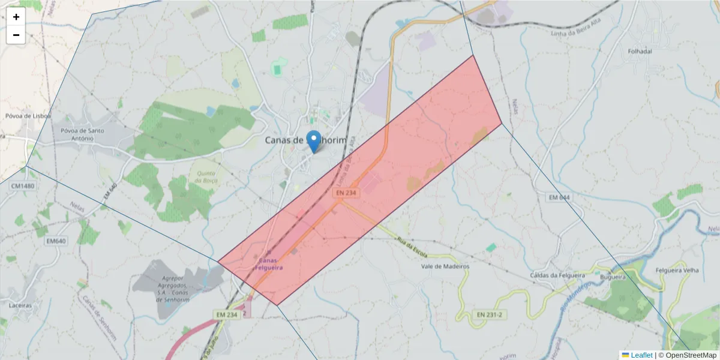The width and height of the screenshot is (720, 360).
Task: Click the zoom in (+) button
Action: point(16,17)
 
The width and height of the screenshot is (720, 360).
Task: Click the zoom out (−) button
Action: point(16,35)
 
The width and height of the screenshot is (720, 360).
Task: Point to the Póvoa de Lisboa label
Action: point(28,116)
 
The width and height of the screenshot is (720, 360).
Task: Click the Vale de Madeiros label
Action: point(445,266)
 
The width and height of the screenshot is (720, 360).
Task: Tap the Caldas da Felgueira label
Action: point(557,275)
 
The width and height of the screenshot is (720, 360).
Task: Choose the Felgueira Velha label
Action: point(677,271)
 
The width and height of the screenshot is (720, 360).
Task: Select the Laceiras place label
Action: point(20,305)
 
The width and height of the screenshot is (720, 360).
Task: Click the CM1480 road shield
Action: point(23,187)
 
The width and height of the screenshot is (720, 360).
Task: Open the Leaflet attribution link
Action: point(641,355)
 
